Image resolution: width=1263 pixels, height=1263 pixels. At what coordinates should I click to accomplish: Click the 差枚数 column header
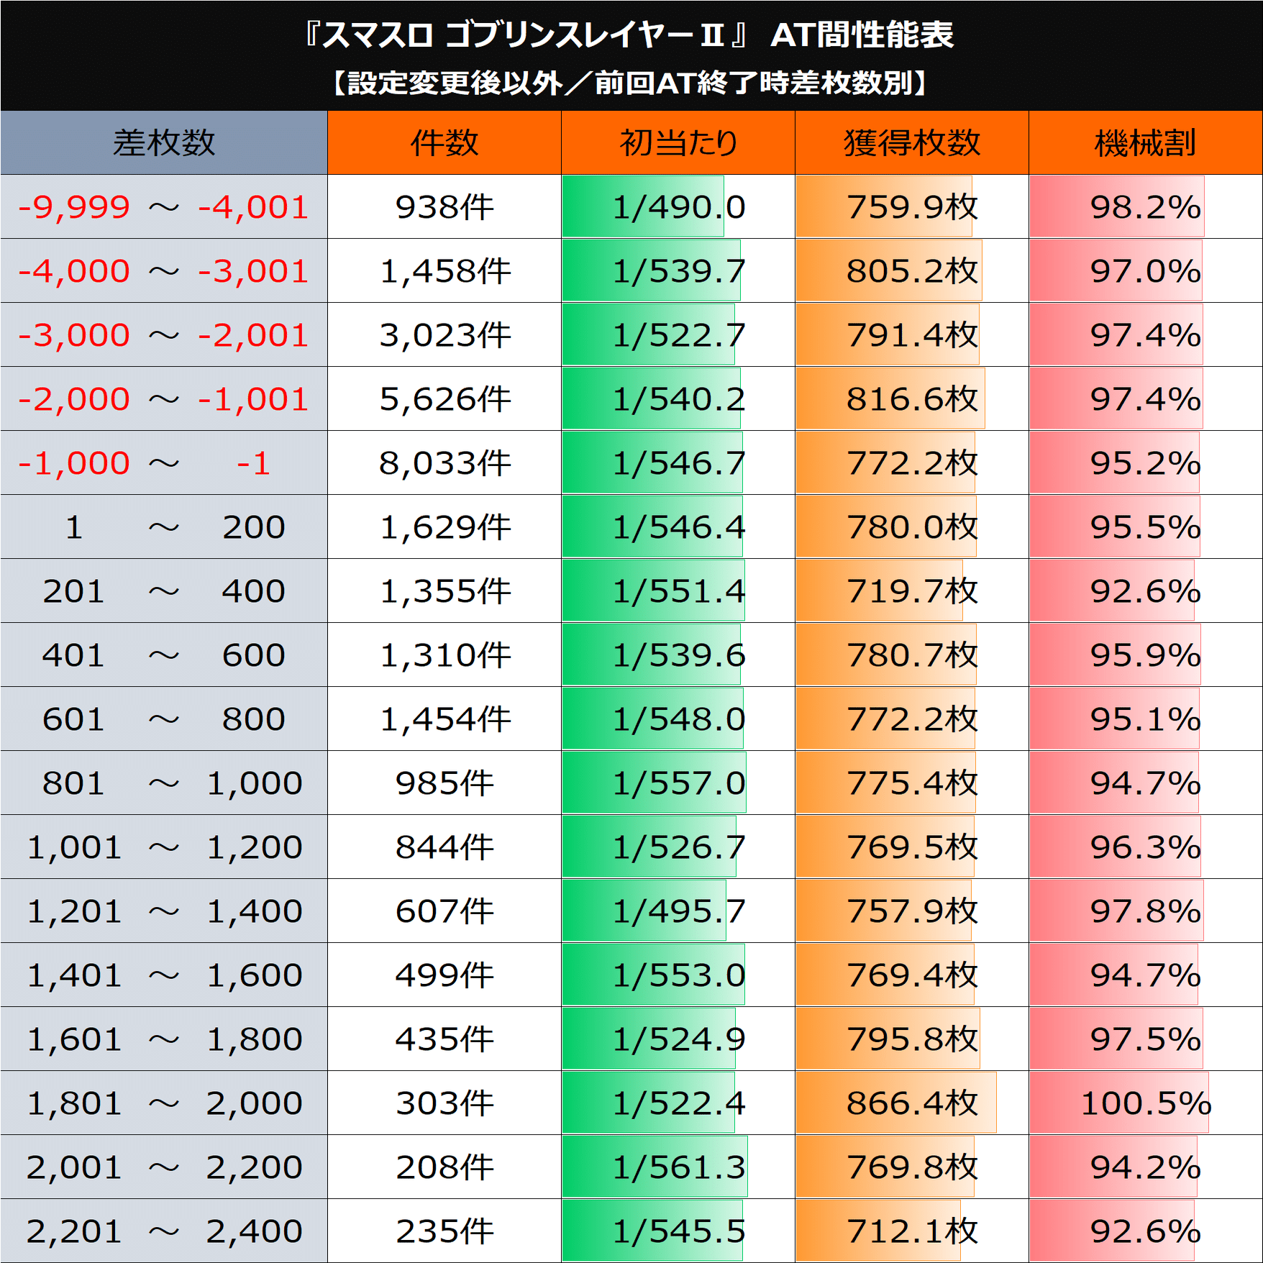point(164,142)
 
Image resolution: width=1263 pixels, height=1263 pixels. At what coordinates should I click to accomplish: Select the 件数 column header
point(444,142)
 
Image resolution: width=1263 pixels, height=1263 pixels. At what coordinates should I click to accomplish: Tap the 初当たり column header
point(678,142)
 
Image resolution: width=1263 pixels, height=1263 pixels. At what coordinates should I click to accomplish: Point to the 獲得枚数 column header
point(912,142)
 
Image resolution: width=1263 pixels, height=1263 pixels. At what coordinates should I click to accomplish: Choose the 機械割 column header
point(1145,142)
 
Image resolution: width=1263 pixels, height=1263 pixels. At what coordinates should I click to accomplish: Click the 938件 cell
point(444,207)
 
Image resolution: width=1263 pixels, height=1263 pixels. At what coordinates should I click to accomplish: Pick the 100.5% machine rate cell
point(1145,1103)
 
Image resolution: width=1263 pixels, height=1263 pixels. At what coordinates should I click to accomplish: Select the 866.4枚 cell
point(912,1103)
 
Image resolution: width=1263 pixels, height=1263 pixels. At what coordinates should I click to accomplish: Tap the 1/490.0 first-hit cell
point(678,207)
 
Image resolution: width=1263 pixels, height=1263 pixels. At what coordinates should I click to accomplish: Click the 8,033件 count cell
point(444,463)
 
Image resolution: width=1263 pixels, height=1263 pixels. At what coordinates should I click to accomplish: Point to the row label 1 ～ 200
point(164,527)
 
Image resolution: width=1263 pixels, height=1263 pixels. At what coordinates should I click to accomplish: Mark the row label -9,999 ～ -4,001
point(164,207)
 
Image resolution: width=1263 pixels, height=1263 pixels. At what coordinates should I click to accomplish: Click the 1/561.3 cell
point(678,1167)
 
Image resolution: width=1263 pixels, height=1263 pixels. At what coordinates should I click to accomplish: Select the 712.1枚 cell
point(912,1231)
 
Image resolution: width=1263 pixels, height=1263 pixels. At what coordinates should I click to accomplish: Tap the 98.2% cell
point(1145,207)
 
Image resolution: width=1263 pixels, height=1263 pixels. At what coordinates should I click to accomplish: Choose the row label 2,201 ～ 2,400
point(164,1231)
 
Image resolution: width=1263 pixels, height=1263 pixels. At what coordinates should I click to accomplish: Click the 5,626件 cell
point(444,399)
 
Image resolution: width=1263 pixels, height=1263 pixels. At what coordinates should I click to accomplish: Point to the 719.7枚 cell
point(912,591)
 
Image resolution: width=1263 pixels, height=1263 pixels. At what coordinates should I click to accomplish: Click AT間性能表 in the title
point(862,35)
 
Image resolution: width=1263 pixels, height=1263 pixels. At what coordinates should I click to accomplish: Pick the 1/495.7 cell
point(678,911)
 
